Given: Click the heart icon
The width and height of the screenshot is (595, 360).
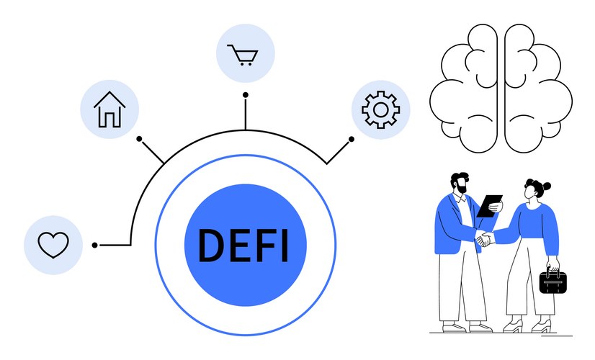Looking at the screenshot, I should tap(53, 245).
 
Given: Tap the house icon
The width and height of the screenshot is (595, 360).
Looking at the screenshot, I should tap(109, 109).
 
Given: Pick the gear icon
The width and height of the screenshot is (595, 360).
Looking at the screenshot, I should tap(380, 109).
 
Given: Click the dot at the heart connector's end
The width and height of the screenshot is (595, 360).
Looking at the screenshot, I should tap(95, 246).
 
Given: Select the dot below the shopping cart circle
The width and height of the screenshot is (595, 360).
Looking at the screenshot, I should tap(246, 94).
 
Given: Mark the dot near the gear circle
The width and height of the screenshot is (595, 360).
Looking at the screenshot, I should tap(352, 139).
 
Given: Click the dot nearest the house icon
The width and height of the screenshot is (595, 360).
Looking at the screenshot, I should tap(140, 137).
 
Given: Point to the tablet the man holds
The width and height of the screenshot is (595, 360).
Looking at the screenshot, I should tap(491, 205).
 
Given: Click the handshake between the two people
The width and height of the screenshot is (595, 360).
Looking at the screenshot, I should tap(484, 240).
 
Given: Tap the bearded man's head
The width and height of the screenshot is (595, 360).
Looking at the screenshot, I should tap(459, 184).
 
